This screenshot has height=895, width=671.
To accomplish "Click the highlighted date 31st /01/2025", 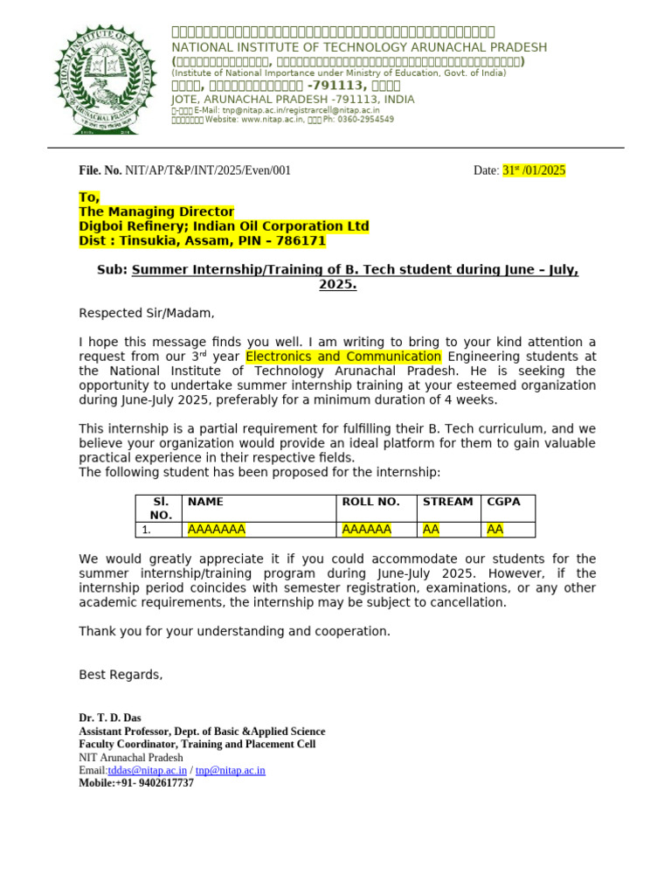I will click(534, 170).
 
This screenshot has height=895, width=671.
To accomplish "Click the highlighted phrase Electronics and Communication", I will click(343, 357).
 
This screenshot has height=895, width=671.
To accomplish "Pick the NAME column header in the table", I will click(205, 502).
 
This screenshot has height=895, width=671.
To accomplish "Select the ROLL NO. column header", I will click(370, 502).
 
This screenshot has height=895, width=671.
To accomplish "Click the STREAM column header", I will click(447, 502).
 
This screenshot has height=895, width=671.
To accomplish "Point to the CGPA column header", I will click(503, 502).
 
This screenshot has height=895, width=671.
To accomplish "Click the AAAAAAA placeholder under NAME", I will click(216, 530).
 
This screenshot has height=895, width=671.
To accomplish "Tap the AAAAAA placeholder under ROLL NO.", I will click(366, 530).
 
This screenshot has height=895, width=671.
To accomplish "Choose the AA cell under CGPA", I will click(495, 530).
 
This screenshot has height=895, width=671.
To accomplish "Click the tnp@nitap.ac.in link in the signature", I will click(230, 770).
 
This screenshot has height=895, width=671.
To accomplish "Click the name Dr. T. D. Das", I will click(110, 718).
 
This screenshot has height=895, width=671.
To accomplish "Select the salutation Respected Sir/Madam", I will click(146, 313).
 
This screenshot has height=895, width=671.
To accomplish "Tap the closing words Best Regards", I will click(121, 675).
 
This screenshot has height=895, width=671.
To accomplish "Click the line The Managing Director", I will click(156, 212).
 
